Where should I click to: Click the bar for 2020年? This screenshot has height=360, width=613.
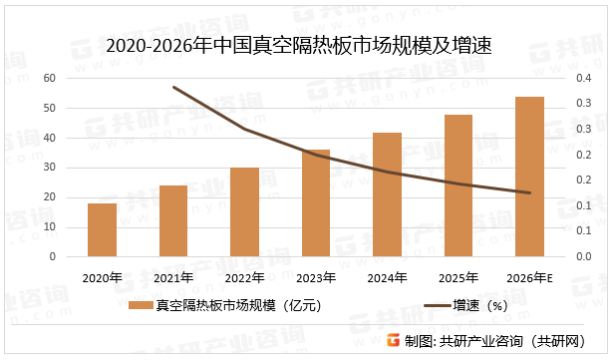click(102, 230)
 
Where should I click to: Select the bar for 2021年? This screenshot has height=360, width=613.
click(173, 221)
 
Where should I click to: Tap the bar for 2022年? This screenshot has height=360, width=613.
click(245, 212)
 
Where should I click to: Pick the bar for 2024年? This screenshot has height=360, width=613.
click(387, 194)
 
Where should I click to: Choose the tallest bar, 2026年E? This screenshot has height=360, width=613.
click(529, 177)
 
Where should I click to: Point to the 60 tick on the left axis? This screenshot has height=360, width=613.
click(49, 78)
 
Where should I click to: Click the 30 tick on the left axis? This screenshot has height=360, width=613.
click(49, 168)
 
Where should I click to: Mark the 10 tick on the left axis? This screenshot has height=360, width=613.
click(49, 227)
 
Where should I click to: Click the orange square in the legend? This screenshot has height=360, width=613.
click(147, 306)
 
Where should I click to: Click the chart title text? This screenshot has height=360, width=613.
click(306, 45)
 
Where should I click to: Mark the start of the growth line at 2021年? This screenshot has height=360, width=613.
click(173, 87)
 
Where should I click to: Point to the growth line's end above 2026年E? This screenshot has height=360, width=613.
click(529, 192)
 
